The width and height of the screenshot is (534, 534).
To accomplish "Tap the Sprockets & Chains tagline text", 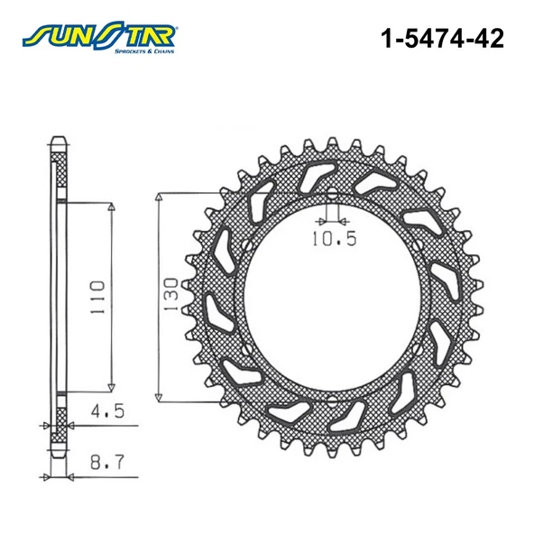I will point(144,51).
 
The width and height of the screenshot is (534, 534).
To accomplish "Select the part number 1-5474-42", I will point(442,38).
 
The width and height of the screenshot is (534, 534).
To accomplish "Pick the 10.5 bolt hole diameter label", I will point(335,239).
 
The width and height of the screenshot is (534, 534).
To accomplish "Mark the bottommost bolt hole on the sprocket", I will point(331,397).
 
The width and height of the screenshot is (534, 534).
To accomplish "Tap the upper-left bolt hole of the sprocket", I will point(245,244).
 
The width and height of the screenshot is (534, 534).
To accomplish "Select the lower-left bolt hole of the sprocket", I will point(245,346).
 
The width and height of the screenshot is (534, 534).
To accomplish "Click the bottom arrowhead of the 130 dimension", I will point(160,393).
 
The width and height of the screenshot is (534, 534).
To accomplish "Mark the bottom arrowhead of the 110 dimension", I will point(112,382).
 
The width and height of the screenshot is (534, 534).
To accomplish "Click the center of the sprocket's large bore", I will point(331,296).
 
